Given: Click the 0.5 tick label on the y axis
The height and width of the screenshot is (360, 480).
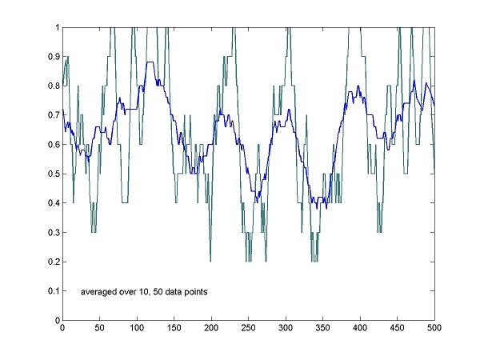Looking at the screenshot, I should pyautogui.click(x=53, y=174).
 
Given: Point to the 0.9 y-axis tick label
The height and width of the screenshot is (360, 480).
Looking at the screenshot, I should pyautogui.click(x=53, y=57).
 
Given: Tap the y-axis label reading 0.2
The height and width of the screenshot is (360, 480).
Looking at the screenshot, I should pyautogui.click(x=53, y=262).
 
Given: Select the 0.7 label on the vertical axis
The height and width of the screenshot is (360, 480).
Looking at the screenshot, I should pyautogui.click(x=53, y=115).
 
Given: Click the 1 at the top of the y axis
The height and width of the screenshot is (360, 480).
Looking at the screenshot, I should pyautogui.click(x=56, y=27).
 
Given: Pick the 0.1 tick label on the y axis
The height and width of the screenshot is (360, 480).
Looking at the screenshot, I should pyautogui.click(x=53, y=291).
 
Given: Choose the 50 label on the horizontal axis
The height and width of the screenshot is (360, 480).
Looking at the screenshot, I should pyautogui.click(x=99, y=328).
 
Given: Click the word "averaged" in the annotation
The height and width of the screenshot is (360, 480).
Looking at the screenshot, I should pyautogui.click(x=99, y=292).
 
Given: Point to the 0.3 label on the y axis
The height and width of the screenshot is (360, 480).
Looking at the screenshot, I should pyautogui.click(x=53, y=233).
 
